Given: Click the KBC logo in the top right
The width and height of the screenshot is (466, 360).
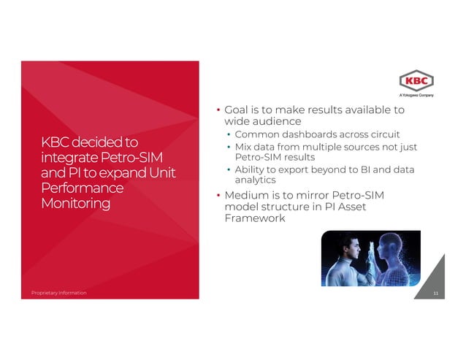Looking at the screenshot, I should [416, 80].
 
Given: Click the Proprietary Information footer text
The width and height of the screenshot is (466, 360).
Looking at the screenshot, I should [58, 293].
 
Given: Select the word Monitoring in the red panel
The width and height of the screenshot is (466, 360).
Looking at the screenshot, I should [75, 203].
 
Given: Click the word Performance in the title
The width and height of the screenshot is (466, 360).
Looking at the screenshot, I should [83, 188].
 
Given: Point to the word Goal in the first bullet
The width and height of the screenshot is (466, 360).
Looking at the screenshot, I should [238, 110].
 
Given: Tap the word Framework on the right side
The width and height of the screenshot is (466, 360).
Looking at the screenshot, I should [255, 218].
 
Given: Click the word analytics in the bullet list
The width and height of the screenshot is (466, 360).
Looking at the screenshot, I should [254, 180].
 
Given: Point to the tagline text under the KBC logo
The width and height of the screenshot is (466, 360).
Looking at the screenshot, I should [416, 95].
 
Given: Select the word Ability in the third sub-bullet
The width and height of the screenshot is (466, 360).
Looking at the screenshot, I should [248, 170].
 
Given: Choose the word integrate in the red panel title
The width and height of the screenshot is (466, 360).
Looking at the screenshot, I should [70, 157].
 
